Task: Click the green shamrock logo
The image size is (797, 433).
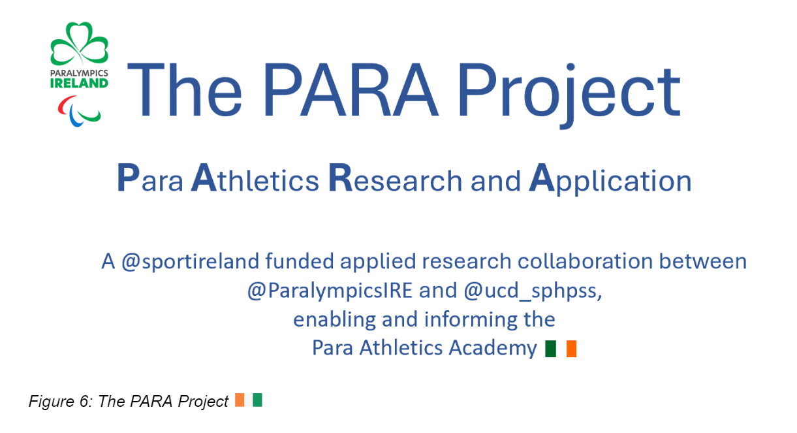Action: (79, 44)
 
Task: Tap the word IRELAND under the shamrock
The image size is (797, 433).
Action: (79, 83)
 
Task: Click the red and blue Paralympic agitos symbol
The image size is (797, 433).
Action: (79, 110)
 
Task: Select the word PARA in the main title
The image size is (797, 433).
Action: (346, 91)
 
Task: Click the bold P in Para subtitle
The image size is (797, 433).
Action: (127, 178)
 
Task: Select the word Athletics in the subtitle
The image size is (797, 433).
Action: (255, 180)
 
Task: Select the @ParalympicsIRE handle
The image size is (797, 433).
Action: (330, 291)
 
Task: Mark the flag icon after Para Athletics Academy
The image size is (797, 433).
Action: (561, 349)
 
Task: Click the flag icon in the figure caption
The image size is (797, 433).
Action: (248, 400)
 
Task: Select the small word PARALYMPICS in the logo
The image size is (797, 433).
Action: (79, 73)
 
